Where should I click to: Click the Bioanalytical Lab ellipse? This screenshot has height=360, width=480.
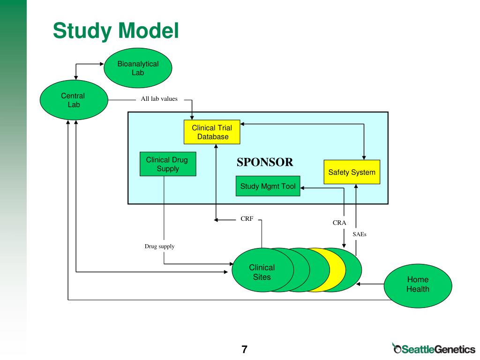(138, 68)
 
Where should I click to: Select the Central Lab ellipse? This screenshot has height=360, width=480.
(74, 100)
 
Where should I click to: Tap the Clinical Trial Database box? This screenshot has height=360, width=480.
(212, 132)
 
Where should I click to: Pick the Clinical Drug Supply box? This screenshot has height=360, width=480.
(168, 164)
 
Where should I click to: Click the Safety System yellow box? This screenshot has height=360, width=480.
(352, 172)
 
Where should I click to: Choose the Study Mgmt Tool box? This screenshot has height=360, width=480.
(268, 186)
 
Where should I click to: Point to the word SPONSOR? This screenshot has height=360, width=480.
(265, 162)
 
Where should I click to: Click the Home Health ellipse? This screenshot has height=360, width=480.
(418, 285)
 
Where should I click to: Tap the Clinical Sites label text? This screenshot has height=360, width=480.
(262, 272)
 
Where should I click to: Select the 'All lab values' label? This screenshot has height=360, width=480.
(159, 99)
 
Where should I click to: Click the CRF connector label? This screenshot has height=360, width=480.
(247, 219)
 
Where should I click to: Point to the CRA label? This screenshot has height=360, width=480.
(339, 223)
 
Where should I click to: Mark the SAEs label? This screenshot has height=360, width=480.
(360, 234)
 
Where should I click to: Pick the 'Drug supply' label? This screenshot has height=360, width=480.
(159, 247)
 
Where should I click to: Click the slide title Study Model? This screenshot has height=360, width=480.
(116, 30)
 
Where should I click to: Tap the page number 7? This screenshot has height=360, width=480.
(244, 349)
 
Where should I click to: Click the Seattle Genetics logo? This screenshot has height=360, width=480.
(434, 348)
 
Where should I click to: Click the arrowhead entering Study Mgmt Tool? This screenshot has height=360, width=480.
(302, 188)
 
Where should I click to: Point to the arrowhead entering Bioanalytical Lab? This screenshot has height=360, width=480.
(102, 64)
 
